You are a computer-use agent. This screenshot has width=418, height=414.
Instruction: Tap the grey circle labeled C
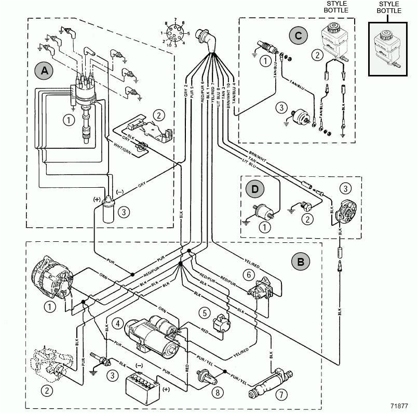coord(298,36)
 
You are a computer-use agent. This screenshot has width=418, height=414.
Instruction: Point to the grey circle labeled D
coord(255,189)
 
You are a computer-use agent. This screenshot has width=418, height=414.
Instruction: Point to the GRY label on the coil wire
coord(141,185)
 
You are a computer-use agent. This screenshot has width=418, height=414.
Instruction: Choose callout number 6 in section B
coord(249,275)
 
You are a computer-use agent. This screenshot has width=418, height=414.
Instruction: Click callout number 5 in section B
coord(206,313)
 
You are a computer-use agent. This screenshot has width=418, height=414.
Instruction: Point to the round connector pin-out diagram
coord(175,35)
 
